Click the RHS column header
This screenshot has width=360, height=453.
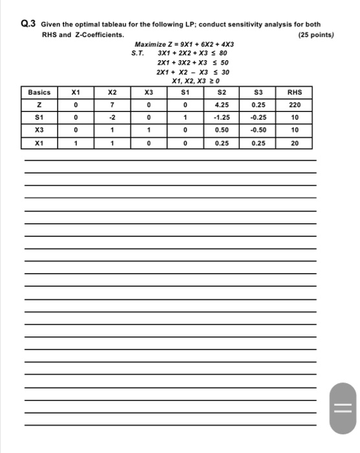(x=295, y=93)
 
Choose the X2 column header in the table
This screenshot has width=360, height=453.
(x=113, y=93)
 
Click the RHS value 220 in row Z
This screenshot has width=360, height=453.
(x=295, y=105)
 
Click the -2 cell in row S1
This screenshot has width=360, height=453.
(x=113, y=118)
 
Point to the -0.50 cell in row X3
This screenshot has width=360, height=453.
(x=258, y=130)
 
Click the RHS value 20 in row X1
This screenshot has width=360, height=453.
(x=295, y=143)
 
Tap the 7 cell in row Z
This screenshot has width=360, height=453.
(x=113, y=105)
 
